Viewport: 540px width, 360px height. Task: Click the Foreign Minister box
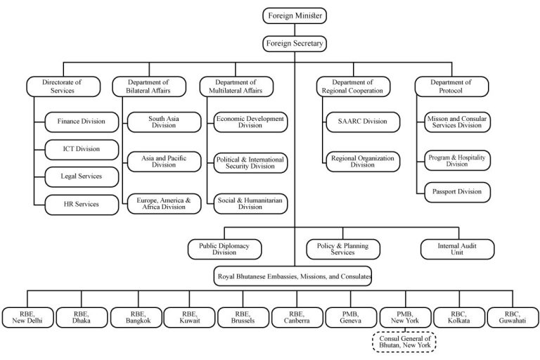pyautogui.click(x=295, y=14)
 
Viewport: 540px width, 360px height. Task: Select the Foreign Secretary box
pyautogui.click(x=295, y=44)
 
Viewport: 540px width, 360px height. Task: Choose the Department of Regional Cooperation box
pyautogui.click(x=352, y=86)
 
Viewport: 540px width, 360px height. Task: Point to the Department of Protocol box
pyautogui.click(x=452, y=86)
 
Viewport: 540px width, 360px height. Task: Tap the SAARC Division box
pyautogui.click(x=361, y=121)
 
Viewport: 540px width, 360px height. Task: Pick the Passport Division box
pyautogui.click(x=457, y=191)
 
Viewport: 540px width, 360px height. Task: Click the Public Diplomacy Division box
pyautogui.click(x=224, y=249)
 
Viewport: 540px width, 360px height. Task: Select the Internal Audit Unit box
pyautogui.click(x=457, y=249)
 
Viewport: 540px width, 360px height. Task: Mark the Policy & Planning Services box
pyautogui.click(x=342, y=249)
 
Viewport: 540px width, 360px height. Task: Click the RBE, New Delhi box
pyautogui.click(x=25, y=317)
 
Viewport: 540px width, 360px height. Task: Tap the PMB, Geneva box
pyautogui.click(x=350, y=317)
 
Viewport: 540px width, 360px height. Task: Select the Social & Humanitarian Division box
pyautogui.click(x=250, y=203)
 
